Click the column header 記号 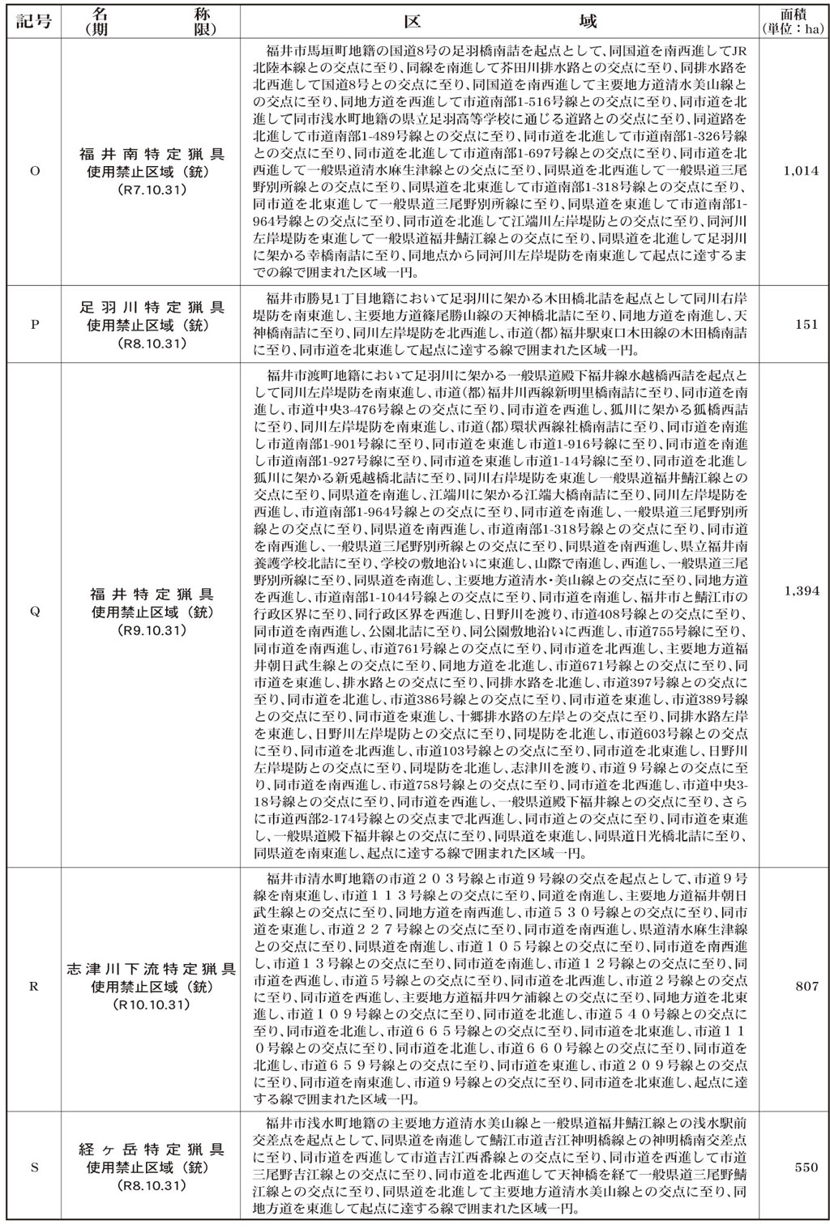pos(34,20)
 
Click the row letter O pos(34,171)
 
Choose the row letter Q pos(34,612)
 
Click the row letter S pos(34,1167)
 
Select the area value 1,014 pos(802,171)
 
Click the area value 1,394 pos(802,591)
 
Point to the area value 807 pos(807,987)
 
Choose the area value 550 pos(807,1167)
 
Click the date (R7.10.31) pos(152,190)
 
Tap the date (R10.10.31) pos(152,1005)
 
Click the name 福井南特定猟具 pos(152,153)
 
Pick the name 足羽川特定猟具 pos(152,308)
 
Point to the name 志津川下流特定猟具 pos(152,969)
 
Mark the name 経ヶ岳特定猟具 pos(152,1150)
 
